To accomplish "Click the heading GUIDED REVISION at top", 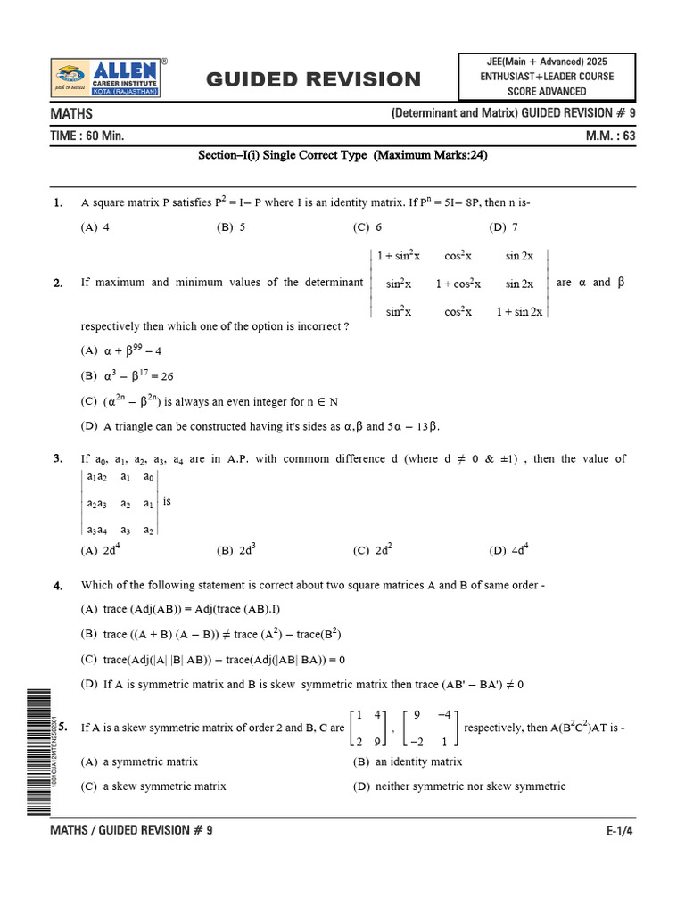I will [313, 79].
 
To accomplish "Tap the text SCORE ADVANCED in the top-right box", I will [547, 91].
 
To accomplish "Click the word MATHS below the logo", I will [72, 114].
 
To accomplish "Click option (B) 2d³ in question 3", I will [236, 550].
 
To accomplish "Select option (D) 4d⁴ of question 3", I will [509, 550].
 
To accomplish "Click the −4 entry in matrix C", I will [446, 714].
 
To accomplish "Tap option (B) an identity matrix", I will [408, 762].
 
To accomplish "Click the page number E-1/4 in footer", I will [620, 830].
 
